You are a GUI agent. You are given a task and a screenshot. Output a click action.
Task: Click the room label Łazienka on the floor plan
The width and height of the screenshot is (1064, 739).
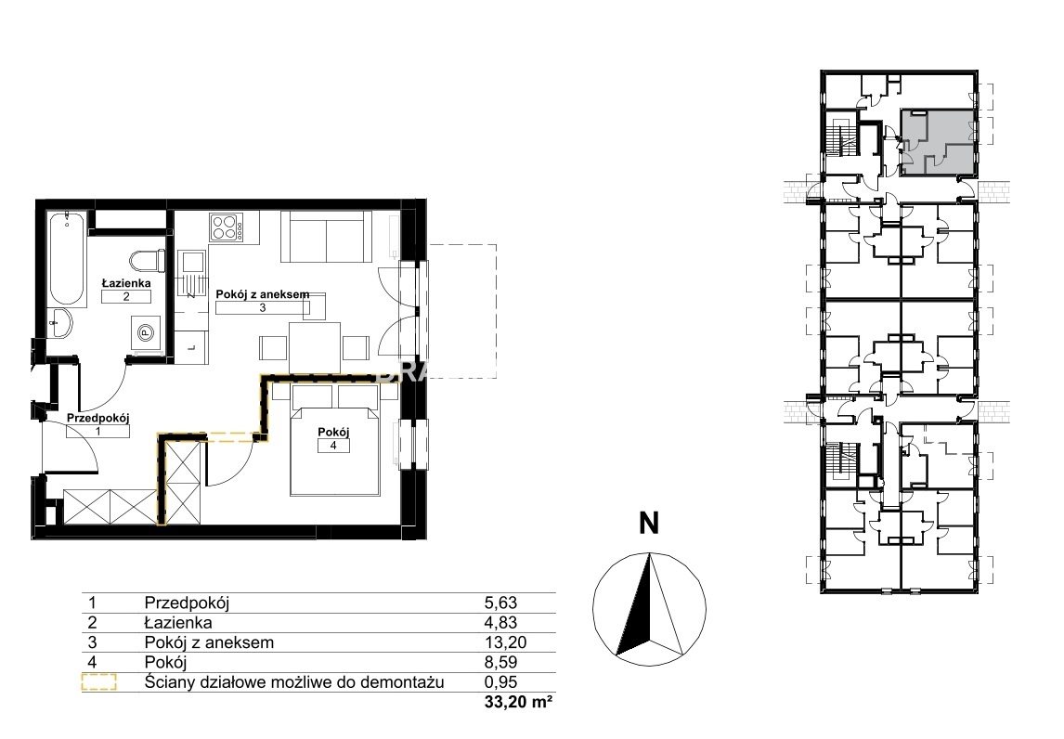tap(126, 283)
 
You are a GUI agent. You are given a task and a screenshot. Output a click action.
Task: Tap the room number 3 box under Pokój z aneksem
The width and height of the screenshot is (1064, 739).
tap(263, 307)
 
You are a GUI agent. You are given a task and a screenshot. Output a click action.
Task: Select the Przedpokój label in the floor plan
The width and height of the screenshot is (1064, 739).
tap(97, 419)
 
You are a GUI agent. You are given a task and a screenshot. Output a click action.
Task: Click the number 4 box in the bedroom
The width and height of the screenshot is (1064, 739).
tap(333, 446)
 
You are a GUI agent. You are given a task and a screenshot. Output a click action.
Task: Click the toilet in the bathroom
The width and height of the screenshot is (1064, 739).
tap(147, 261)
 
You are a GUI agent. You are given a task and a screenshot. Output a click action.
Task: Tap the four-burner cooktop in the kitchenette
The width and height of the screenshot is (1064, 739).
tap(227, 227)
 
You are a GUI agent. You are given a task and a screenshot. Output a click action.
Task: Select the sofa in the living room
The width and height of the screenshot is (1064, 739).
tap(327, 236)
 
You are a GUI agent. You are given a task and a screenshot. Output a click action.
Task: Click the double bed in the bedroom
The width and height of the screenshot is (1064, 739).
tap(334, 439)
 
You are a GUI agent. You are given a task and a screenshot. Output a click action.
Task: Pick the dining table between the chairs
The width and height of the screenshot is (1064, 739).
tap(315, 347)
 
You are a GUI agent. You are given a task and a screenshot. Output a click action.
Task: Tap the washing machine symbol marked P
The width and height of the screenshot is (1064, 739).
tap(145, 332)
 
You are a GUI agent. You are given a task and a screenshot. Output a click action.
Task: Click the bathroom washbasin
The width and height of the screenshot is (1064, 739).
tap(62, 322)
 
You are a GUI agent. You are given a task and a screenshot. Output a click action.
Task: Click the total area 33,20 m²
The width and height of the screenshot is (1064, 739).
tap(518, 703)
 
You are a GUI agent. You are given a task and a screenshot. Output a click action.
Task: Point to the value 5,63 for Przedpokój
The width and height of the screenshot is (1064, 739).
tap(500, 603)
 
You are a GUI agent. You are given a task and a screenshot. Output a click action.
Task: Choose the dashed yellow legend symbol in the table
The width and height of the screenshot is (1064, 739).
tap(99, 682)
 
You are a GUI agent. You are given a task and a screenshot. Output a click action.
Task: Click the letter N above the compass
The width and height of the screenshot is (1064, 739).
tap(649, 524)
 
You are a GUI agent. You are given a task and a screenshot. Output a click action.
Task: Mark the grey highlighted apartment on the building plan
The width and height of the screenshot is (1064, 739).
tap(939, 143)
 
